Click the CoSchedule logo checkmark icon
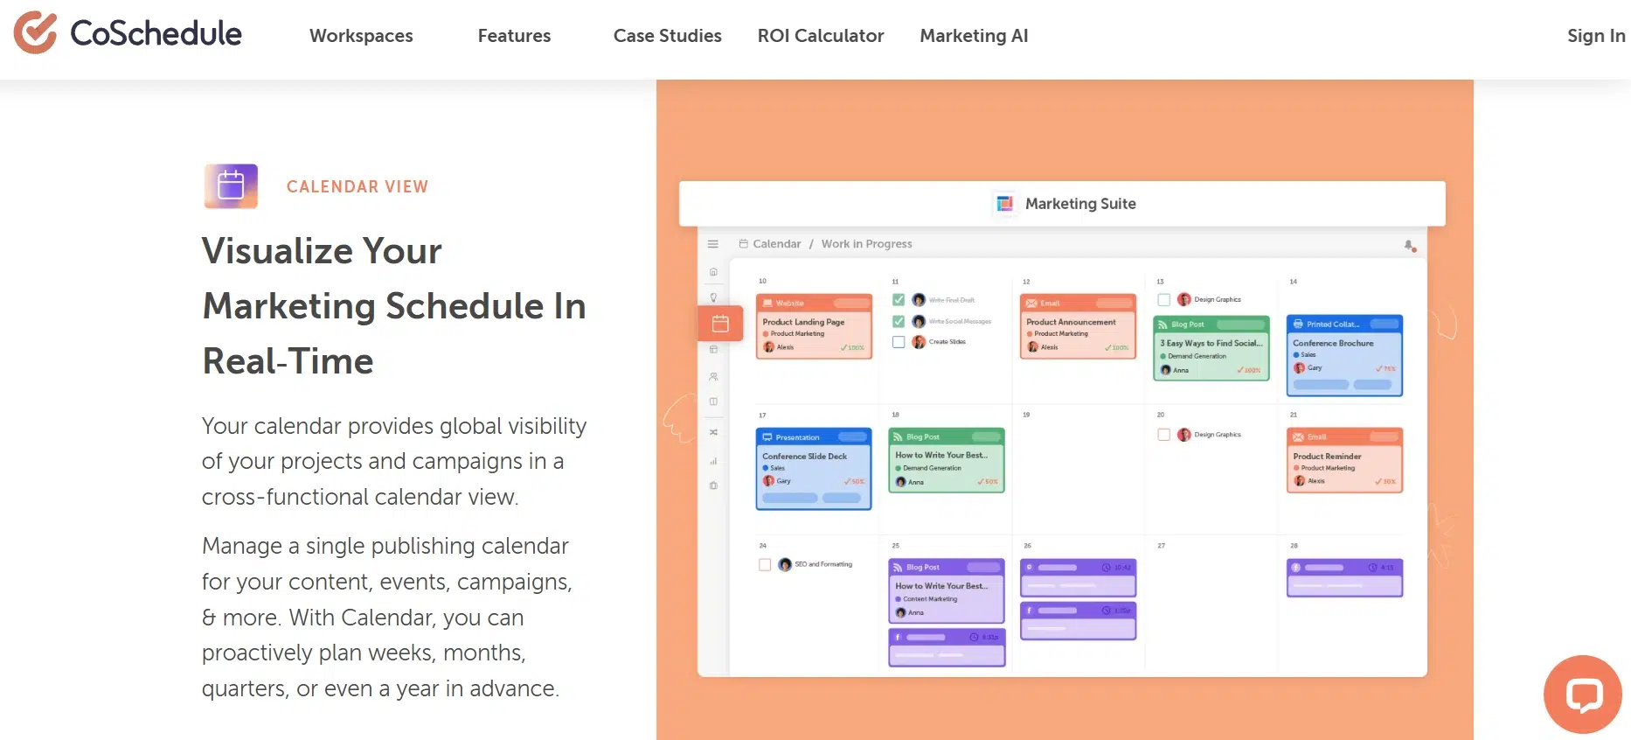pyautogui.click(x=35, y=33)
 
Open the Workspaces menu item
pyautogui.click(x=361, y=36)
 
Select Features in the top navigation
pyautogui.click(x=514, y=36)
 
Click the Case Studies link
pyautogui.click(x=667, y=36)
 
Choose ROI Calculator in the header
pyautogui.click(x=820, y=36)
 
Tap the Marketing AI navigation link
pyautogui.click(x=974, y=36)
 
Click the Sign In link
pyautogui.click(x=1595, y=36)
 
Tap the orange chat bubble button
pyautogui.click(x=1582, y=695)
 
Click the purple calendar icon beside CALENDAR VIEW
pyautogui.click(x=231, y=185)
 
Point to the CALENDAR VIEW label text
pyautogui.click(x=357, y=186)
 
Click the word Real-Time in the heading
pyautogui.click(x=288, y=361)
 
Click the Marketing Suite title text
pyautogui.click(x=1079, y=204)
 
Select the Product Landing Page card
pyautogui.click(x=813, y=327)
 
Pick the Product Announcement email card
pyautogui.click(x=1077, y=327)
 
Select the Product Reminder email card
pyautogui.click(x=1343, y=461)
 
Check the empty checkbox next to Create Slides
pyautogui.click(x=899, y=342)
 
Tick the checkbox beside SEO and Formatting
pyautogui.click(x=765, y=565)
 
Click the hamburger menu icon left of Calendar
pyautogui.click(x=713, y=244)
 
